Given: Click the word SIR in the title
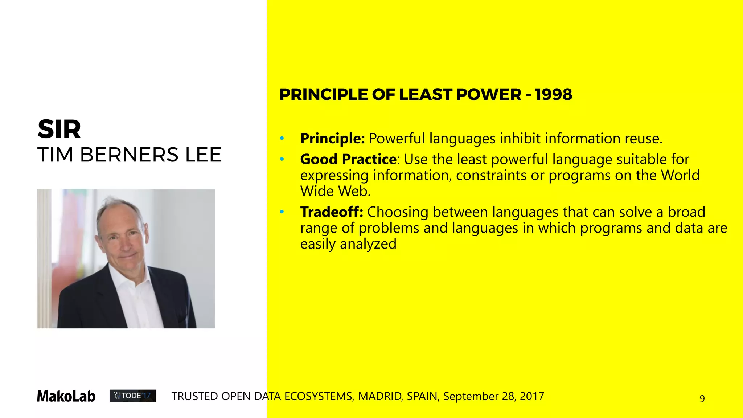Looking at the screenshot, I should [x=59, y=130].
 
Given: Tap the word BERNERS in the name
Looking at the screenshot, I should [x=129, y=155].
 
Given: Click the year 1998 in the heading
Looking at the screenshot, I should [x=553, y=95].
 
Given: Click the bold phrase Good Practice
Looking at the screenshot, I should [x=348, y=159].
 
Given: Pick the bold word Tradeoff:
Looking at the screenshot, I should [x=332, y=212].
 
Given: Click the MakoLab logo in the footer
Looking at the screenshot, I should [x=66, y=396].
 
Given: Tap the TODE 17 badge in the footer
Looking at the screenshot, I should [x=132, y=396].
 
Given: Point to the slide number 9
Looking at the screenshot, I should [x=702, y=399].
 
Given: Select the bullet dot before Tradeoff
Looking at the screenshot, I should [x=282, y=212].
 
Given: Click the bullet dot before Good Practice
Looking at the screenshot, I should [x=282, y=159].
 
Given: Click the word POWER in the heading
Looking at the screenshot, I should [x=489, y=95].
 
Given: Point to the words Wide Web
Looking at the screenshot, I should [x=335, y=191].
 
